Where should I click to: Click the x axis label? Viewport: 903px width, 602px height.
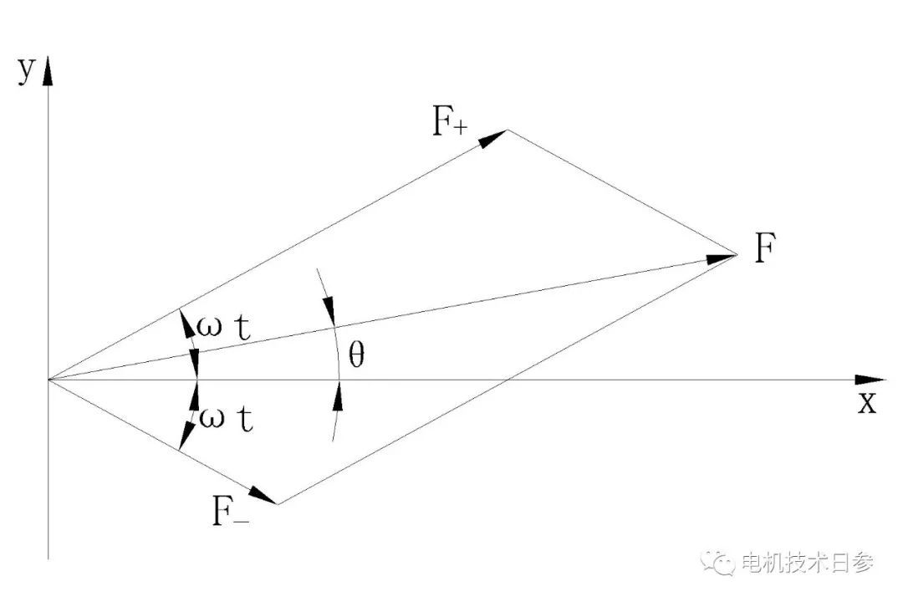pyautogui.click(x=868, y=403)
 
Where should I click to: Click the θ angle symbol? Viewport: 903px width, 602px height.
pyautogui.click(x=356, y=356)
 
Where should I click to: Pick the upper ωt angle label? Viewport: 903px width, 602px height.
pyautogui.click(x=223, y=326)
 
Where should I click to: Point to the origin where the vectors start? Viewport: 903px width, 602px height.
pyautogui.click(x=48, y=380)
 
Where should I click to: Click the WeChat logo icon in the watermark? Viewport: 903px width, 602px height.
pyautogui.click(x=719, y=562)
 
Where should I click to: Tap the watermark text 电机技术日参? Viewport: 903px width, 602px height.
pyautogui.click(x=807, y=563)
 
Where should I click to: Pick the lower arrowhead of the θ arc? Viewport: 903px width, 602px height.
pyautogui.click(x=337, y=398)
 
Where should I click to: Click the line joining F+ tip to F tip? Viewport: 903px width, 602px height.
pyautogui.click(x=623, y=192)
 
